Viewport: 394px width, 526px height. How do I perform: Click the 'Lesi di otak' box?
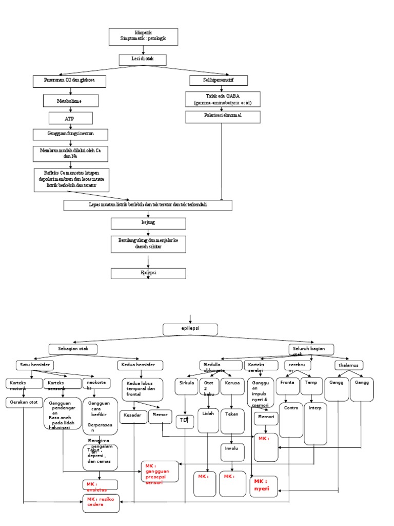pyautogui.click(x=143, y=60)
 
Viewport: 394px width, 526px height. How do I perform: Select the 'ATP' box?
pyautogui.click(x=70, y=118)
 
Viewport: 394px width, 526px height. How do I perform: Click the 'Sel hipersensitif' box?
pyautogui.click(x=219, y=80)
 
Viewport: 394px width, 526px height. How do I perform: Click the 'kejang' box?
pyautogui.click(x=148, y=223)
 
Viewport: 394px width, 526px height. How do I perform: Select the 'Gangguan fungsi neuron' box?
pyautogui.click(x=71, y=135)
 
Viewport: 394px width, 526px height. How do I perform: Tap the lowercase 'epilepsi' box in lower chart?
pyautogui.click(x=190, y=329)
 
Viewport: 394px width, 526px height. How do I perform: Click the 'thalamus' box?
pyautogui.click(x=349, y=365)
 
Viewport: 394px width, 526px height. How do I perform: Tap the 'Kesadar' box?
pyautogui.click(x=133, y=417)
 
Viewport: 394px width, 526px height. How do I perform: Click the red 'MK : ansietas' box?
pyautogui.click(x=100, y=485)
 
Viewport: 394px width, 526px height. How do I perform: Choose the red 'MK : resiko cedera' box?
pyautogui.click(x=102, y=502)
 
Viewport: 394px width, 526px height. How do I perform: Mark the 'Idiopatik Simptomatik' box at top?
pyautogui.click(x=143, y=36)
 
